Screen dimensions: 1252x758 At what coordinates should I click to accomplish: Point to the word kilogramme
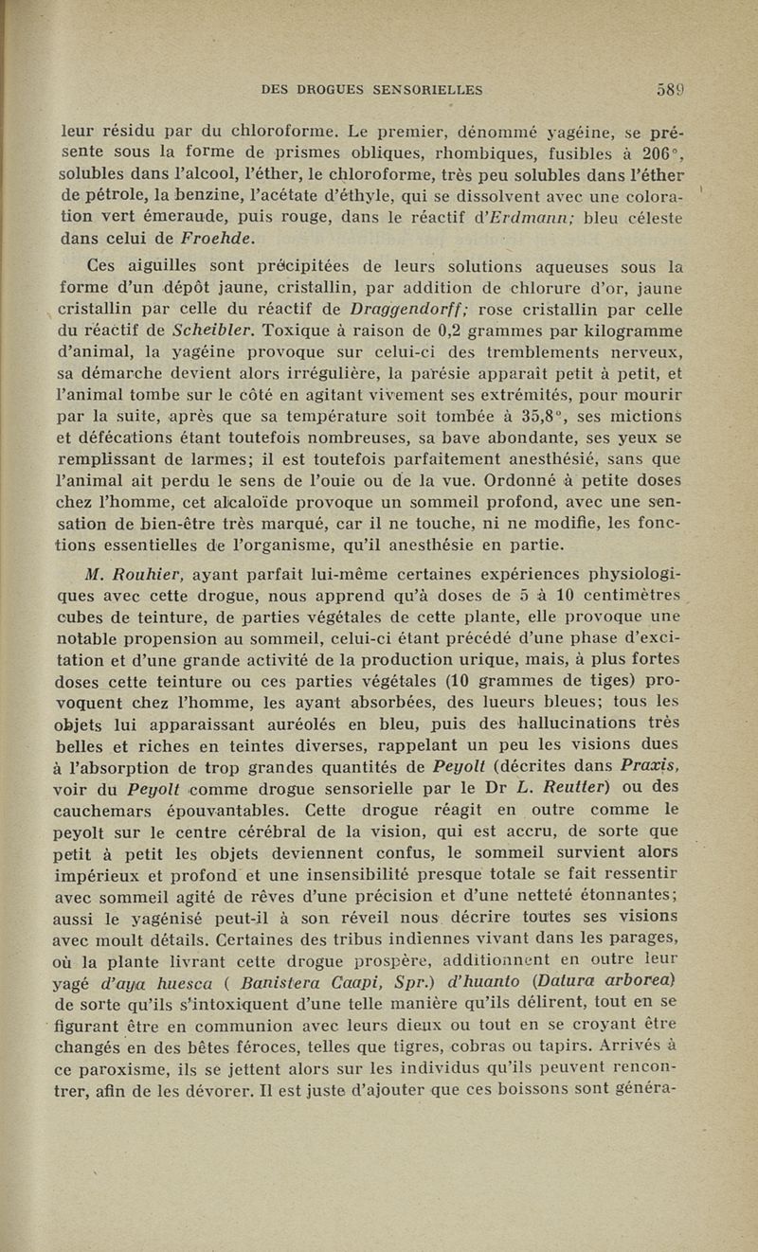pyautogui.click(x=643, y=331)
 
